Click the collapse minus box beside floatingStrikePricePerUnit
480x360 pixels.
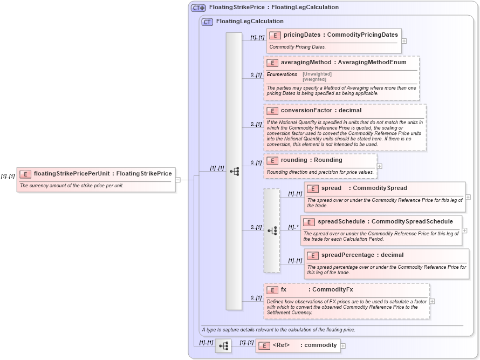point(178,180)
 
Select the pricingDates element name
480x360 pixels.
point(302,35)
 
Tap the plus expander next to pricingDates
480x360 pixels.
point(404,40)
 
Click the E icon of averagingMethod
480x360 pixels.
point(272,63)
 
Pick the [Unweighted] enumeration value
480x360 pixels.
point(317,74)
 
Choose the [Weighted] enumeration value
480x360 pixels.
point(315,79)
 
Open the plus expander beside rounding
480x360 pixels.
point(379,166)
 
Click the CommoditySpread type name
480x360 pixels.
point(380,188)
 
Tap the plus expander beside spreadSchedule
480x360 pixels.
point(464,230)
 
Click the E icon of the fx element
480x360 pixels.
point(272,290)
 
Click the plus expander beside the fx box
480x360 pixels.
point(432,301)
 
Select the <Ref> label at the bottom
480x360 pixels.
point(281,345)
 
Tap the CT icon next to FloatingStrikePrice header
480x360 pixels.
point(198,8)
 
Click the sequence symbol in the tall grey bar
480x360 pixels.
point(234,171)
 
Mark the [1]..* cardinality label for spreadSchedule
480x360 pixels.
point(293,227)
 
